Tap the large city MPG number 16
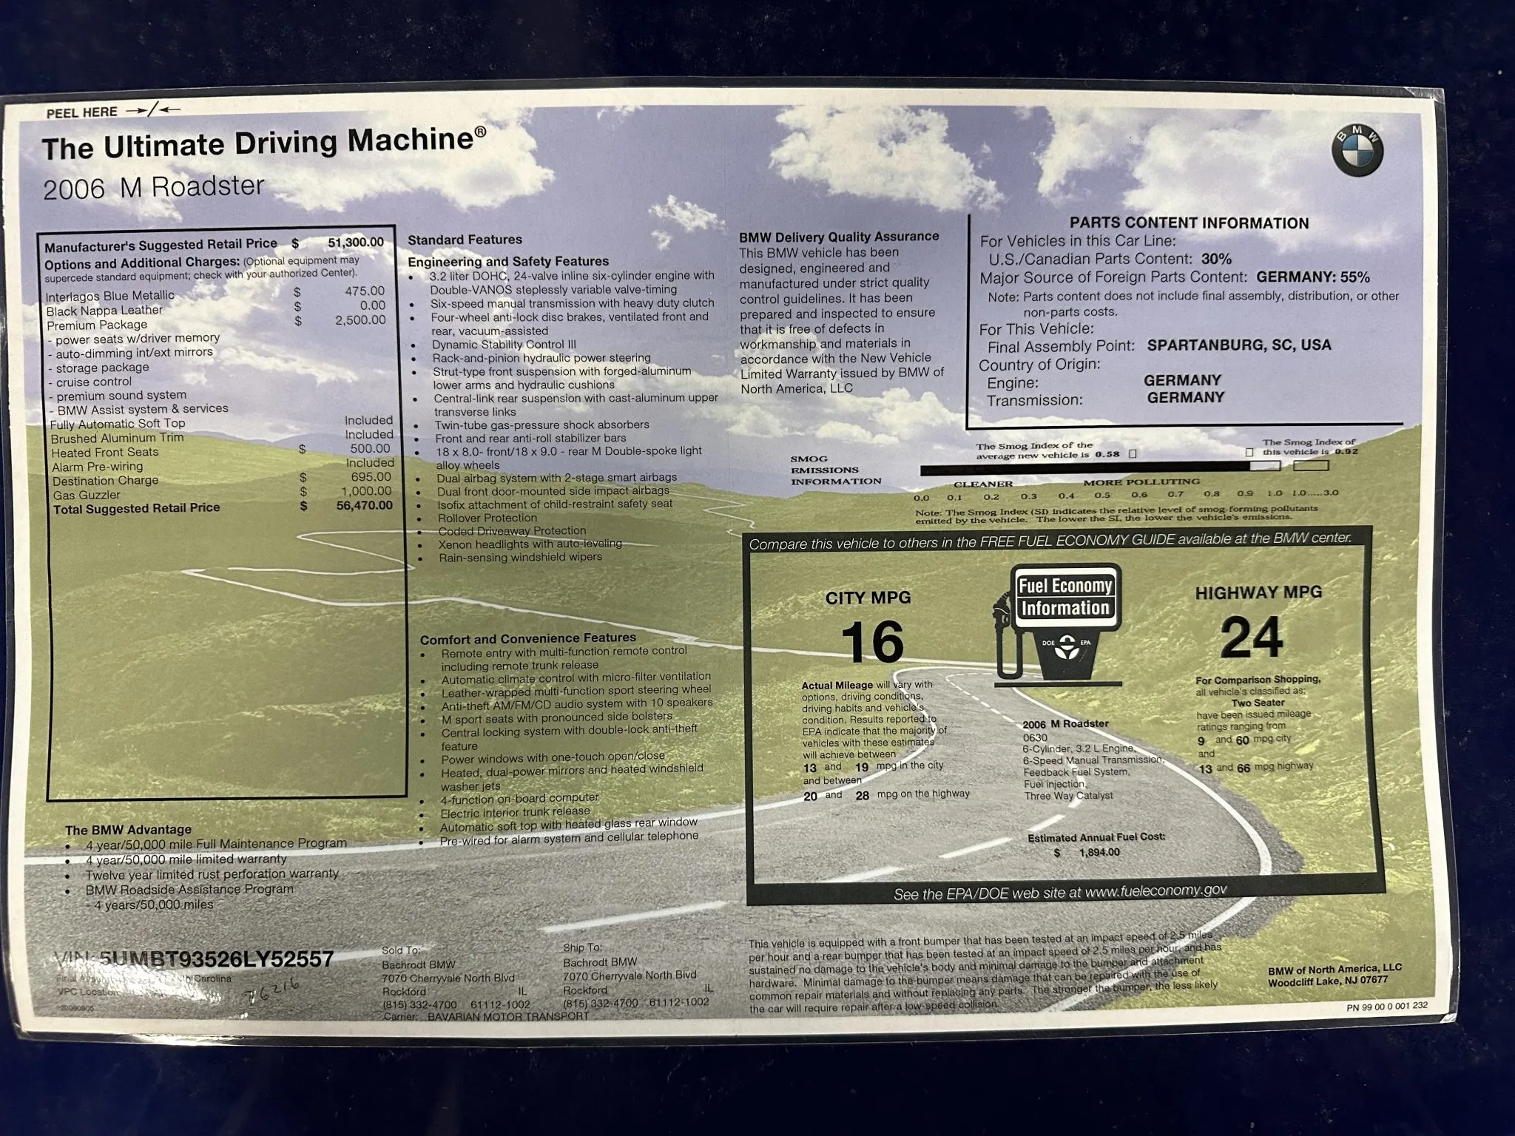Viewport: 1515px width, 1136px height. pos(872,642)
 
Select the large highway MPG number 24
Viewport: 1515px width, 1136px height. pos(1252,638)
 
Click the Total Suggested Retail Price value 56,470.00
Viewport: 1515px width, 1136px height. pos(364,506)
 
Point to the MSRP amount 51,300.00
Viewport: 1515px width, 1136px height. pos(356,242)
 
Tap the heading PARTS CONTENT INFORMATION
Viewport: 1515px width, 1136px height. pos(1189,223)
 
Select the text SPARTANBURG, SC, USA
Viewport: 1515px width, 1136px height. pos(1238,345)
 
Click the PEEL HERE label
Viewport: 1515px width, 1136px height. pos(82,112)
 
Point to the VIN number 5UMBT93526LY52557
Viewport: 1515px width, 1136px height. pos(216,959)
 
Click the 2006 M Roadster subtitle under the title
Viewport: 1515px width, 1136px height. pos(153,188)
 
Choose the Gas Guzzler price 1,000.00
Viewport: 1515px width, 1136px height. pos(366,491)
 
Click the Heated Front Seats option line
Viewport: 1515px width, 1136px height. pos(105,452)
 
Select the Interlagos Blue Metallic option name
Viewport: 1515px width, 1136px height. pos(110,296)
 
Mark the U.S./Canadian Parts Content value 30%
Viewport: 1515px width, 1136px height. pos(1215,259)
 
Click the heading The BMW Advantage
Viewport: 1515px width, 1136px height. pos(128,830)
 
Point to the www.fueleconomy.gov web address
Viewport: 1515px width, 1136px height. pos(1155,891)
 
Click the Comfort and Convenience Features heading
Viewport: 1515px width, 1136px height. pos(527,638)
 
